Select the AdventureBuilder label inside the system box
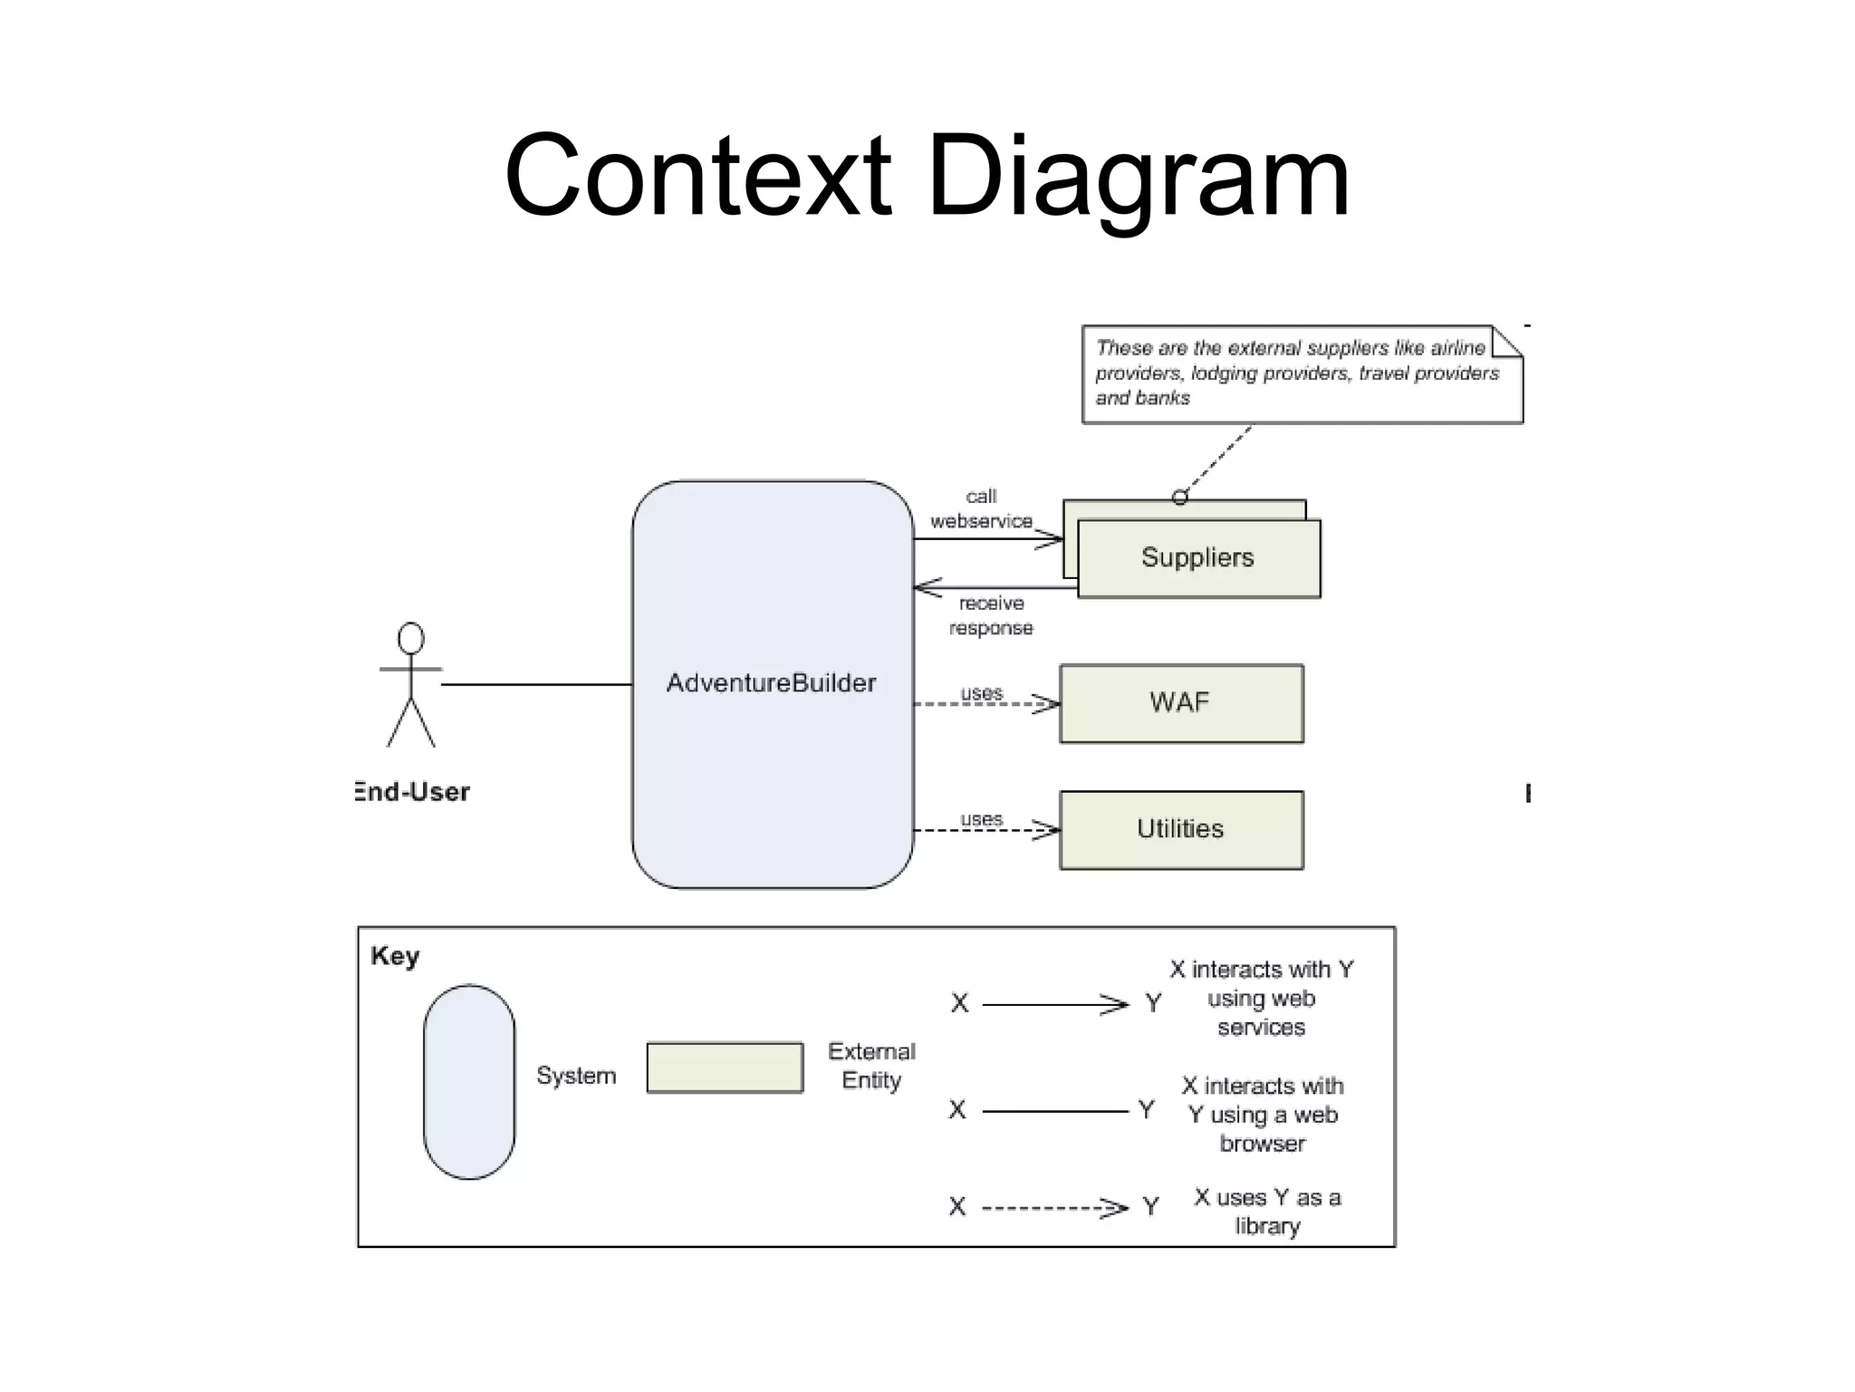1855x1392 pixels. point(771,682)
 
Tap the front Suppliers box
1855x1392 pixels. point(1197,557)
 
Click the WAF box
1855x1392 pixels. point(1180,703)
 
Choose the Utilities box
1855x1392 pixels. point(1180,829)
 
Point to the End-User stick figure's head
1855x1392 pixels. point(411,638)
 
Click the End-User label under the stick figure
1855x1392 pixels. point(412,792)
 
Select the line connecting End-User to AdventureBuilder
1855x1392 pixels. point(536,684)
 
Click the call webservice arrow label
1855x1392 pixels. point(981,509)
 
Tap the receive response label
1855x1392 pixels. point(991,615)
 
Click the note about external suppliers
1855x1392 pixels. point(1301,373)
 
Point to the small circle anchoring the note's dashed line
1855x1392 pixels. point(1179,497)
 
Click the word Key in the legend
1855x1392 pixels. point(395,956)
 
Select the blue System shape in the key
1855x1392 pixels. point(469,1081)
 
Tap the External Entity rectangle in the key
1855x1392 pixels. point(725,1067)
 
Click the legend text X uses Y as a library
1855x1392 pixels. point(1267,1212)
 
